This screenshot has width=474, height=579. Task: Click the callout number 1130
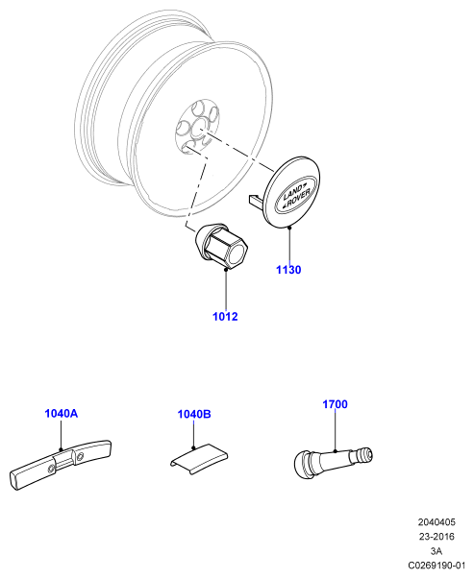[288, 270]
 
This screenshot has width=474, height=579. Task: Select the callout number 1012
[225, 317]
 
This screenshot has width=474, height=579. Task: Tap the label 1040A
[62, 414]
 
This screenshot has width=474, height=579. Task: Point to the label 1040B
[194, 414]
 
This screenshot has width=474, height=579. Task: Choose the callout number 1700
[335, 404]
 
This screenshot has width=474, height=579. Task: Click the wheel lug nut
[221, 247]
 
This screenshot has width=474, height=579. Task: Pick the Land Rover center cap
[293, 191]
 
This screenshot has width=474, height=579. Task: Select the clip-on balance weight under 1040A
[60, 466]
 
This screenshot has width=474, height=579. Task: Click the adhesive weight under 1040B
[199, 459]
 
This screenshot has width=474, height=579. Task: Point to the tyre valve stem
[333, 460]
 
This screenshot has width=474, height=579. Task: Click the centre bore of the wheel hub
[200, 128]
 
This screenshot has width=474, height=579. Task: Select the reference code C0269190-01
[437, 566]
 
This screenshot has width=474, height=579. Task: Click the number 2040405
[437, 522]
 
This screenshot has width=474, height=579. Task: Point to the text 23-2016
[437, 537]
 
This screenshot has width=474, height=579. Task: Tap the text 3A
[437, 551]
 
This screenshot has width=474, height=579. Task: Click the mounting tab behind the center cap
[256, 199]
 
